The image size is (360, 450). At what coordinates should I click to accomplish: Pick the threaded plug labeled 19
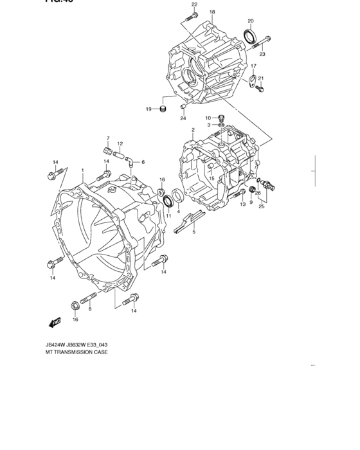(x=164, y=109)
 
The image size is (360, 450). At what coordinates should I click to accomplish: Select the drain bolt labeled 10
(x=222, y=118)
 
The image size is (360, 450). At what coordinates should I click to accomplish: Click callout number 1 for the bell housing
(x=83, y=170)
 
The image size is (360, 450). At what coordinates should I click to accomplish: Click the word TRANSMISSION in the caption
(x=71, y=352)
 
